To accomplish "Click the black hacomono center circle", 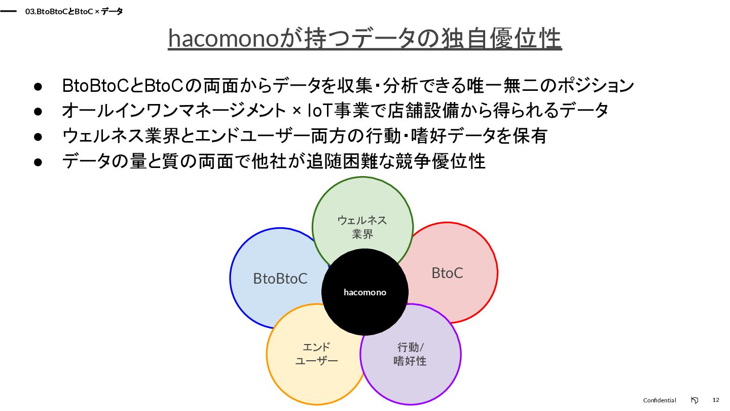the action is point(364,292).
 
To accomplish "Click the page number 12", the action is point(716,400).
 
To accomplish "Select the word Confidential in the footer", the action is point(660,400).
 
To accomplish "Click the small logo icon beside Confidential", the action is point(695,400).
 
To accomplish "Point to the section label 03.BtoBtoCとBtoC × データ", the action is point(74,11).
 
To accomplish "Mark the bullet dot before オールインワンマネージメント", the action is point(38,111).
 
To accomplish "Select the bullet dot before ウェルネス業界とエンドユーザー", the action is point(38,136).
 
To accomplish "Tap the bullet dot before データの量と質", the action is point(38,162).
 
